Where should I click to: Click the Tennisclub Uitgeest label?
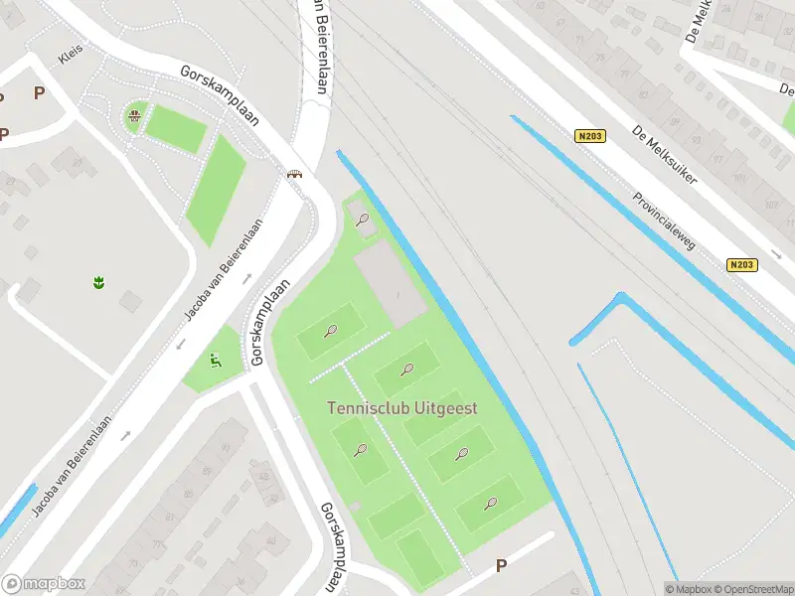(x=402, y=408)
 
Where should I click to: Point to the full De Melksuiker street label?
(x=664, y=155)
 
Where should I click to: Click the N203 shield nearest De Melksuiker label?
(x=589, y=136)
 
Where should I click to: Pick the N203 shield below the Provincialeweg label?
(x=740, y=265)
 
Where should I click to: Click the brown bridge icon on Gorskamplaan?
(x=294, y=175)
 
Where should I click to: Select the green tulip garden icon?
(x=98, y=283)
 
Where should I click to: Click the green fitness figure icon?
(x=216, y=361)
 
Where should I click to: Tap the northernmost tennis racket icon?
(x=363, y=220)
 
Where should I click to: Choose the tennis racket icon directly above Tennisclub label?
(x=406, y=371)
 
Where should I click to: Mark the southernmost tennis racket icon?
(x=491, y=503)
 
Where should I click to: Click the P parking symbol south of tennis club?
(x=502, y=565)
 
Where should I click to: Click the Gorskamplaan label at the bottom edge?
(x=337, y=545)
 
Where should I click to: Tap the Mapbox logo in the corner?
(x=44, y=583)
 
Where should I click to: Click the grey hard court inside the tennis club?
(x=390, y=286)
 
